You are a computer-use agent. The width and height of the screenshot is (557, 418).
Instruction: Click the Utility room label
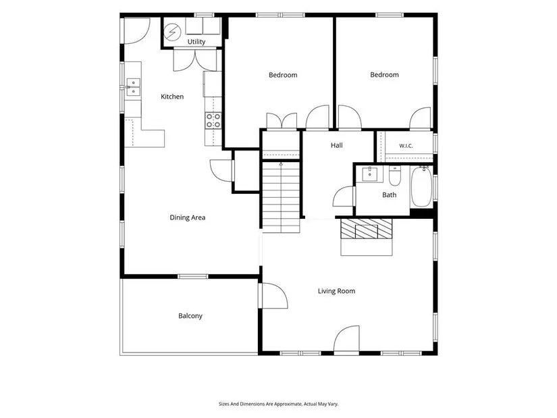196,42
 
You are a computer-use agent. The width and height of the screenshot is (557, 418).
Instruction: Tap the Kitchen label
172,97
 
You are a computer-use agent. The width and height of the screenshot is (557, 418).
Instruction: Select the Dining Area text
188,217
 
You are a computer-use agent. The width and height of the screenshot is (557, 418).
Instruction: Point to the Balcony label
190,315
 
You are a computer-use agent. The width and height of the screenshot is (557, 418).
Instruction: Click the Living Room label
336,291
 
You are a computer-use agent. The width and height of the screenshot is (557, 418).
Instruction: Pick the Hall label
337,145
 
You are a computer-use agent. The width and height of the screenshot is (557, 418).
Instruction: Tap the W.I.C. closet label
406,146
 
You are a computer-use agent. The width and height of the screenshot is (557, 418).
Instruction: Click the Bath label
390,194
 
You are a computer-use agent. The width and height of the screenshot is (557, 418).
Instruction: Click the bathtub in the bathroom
421,186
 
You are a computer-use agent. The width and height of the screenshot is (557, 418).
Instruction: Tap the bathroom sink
370,174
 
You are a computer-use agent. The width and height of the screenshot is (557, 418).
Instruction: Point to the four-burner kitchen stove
213,120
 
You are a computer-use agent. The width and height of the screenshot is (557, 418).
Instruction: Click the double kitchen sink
133,87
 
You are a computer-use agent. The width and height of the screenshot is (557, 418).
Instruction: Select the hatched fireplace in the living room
366,228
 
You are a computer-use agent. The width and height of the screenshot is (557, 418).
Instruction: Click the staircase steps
281,197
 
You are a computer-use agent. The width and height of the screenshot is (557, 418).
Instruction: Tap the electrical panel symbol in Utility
173,32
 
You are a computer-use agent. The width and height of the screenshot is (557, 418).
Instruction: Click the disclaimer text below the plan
278,404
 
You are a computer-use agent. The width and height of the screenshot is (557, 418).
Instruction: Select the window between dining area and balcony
193,276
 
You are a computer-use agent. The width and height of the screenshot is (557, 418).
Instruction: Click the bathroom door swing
344,197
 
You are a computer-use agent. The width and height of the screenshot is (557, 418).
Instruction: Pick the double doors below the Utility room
194,60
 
